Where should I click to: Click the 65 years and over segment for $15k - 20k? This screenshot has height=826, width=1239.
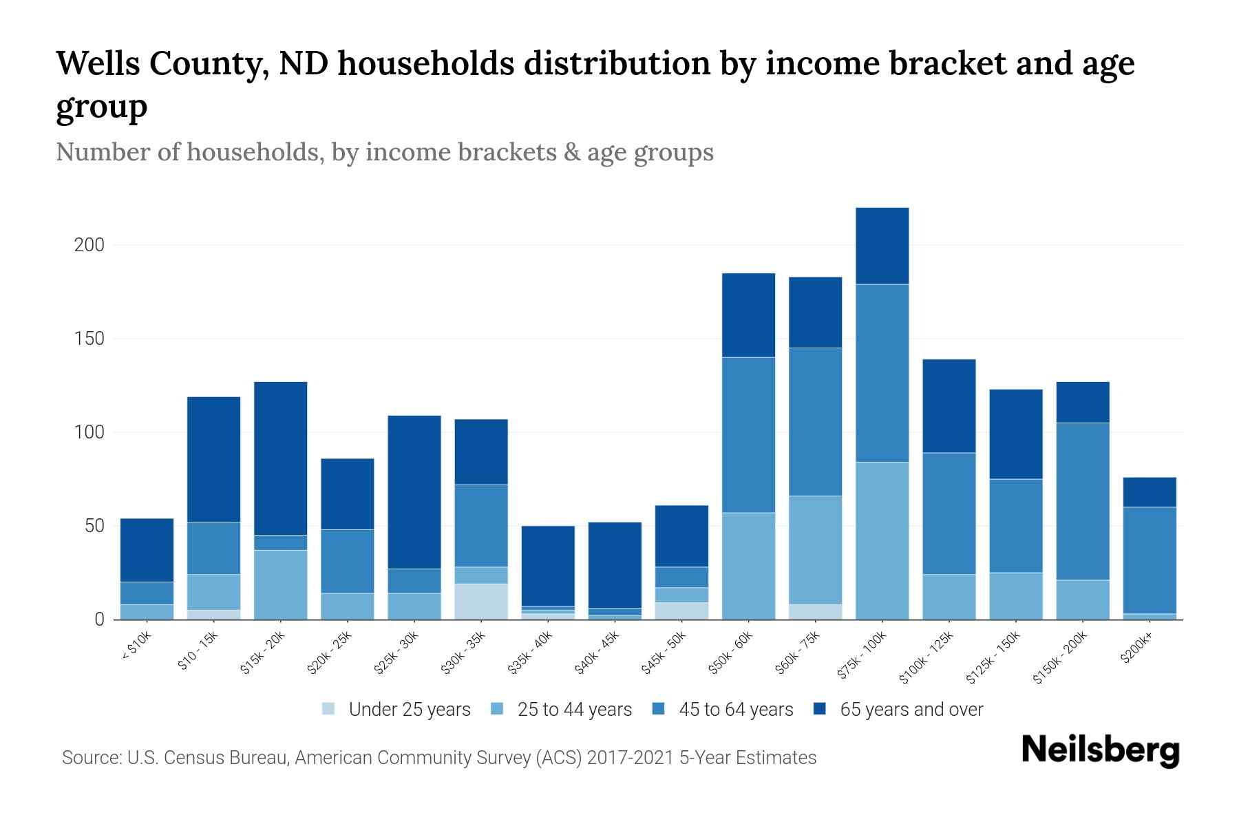click(281, 458)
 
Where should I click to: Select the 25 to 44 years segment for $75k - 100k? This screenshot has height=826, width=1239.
click(882, 540)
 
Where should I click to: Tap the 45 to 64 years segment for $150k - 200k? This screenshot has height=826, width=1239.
click(1083, 501)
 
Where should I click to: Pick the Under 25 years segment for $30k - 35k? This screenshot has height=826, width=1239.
click(481, 602)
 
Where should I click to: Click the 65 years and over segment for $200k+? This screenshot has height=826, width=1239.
click(1150, 492)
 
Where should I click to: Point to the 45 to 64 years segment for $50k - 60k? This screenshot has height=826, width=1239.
click(748, 434)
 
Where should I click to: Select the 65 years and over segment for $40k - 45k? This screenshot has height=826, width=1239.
click(615, 564)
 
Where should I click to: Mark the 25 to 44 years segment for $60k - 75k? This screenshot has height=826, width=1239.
click(815, 550)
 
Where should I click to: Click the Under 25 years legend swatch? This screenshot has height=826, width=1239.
click(329, 708)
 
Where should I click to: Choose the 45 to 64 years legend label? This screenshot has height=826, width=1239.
click(736, 710)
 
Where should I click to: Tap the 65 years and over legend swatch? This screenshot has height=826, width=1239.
click(820, 708)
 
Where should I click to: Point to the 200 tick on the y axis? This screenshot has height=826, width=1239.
click(89, 245)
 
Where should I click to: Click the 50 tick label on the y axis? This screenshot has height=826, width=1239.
click(94, 527)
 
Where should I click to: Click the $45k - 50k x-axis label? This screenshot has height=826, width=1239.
click(664, 651)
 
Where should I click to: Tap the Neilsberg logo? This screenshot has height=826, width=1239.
click(1101, 750)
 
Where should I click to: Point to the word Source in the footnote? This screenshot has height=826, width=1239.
click(89, 758)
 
